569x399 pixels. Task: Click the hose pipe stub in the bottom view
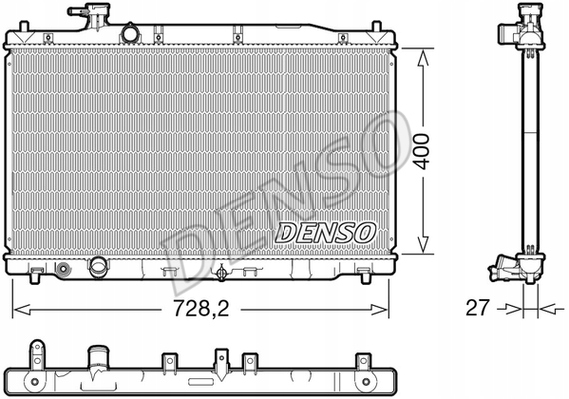point(99,358)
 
